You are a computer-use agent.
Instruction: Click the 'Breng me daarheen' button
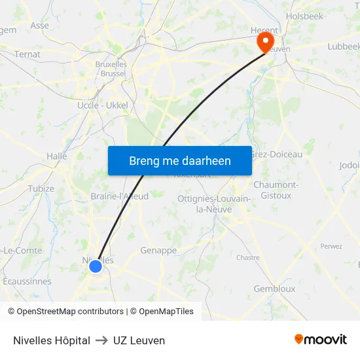[180, 160]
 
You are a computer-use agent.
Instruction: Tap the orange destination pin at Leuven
[265, 43]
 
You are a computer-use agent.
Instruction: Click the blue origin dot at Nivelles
[96, 266]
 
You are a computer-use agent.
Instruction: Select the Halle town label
[57, 156]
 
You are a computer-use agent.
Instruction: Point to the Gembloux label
[274, 289]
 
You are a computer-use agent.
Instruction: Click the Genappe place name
[158, 251]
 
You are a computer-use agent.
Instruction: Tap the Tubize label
[41, 189]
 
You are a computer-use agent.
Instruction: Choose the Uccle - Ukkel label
[103, 105]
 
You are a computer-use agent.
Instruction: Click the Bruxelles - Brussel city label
[111, 69]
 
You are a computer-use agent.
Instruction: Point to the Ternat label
[27, 54]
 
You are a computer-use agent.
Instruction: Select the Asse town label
[39, 26]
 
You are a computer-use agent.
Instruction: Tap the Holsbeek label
[304, 16]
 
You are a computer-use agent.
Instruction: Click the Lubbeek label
[344, 46]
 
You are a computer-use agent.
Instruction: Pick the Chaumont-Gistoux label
[276, 190]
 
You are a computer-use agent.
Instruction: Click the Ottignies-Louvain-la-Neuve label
[213, 204]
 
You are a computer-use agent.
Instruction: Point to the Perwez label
[331, 246]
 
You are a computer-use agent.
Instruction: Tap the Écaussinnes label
[27, 281]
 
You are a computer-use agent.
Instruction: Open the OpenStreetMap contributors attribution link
[65, 312]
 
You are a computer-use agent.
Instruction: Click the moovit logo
[320, 340]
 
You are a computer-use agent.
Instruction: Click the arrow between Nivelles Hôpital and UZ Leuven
[101, 340]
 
